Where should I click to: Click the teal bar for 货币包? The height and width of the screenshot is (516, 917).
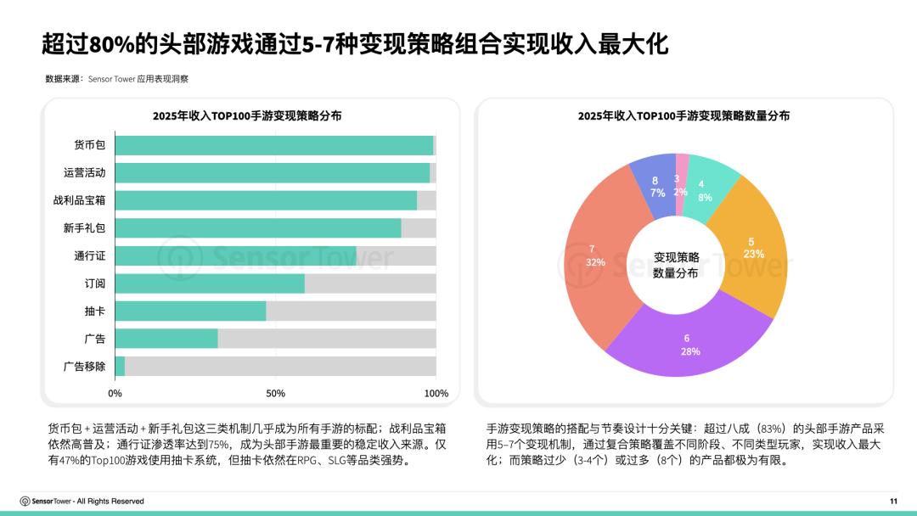[273, 145]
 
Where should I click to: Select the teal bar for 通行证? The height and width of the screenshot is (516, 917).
[235, 256]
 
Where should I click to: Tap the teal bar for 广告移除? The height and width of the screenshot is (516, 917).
[120, 367]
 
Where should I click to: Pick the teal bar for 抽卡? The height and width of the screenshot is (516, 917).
[190, 311]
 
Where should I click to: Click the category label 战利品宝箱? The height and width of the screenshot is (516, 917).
[79, 201]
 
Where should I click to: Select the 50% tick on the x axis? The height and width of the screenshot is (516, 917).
[275, 394]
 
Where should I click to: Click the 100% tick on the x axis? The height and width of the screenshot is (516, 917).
[436, 394]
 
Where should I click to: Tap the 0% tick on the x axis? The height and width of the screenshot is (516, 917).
[115, 394]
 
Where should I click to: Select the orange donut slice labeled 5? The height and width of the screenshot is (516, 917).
[751, 247]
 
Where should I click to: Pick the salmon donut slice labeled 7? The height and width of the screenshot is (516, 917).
[595, 255]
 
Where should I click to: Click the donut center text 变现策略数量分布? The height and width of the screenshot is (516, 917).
[676, 265]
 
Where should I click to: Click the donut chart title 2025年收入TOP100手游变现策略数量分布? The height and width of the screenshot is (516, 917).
[684, 116]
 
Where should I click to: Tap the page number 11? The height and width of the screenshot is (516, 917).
[892, 502]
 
